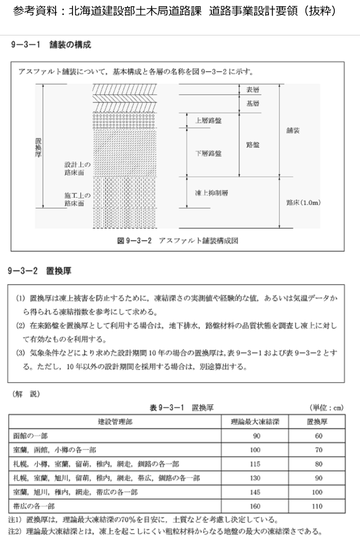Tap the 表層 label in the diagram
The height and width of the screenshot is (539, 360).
[253, 89]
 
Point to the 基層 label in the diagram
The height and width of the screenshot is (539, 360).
[253, 103]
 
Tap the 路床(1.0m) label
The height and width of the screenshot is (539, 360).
[303, 203]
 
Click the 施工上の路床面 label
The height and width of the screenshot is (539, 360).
[77, 199]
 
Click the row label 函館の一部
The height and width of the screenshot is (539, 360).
[30, 436]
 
